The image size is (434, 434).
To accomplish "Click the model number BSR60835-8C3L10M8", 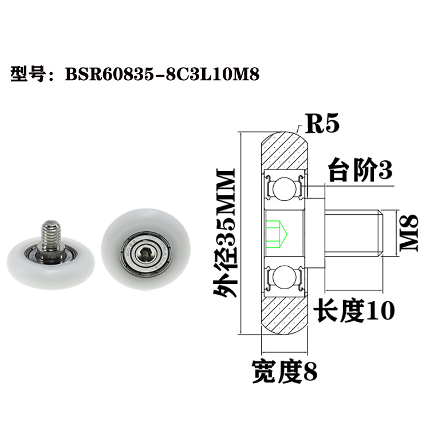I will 159,75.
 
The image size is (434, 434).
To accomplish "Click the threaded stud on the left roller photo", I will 50,234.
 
